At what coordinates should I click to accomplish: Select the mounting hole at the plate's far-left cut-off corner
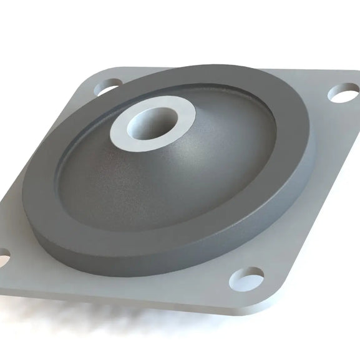click(3, 255)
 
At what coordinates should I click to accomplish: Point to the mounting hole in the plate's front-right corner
click(246, 278)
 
